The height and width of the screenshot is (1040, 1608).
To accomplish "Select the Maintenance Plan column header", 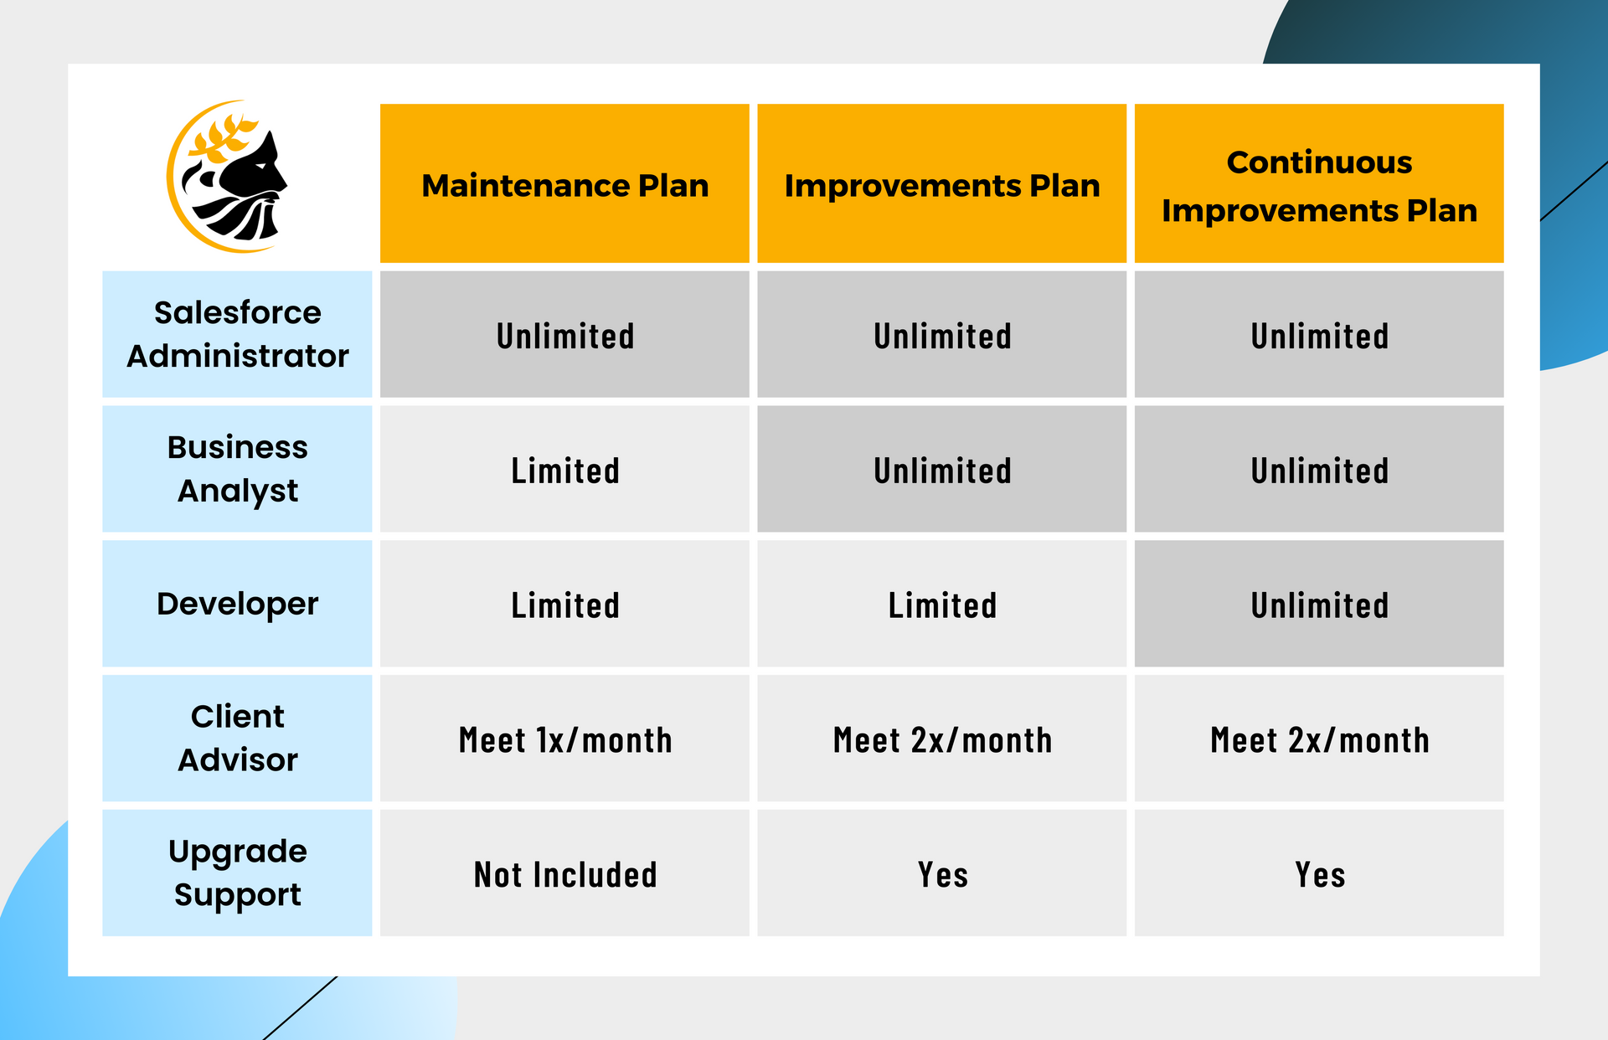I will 564,184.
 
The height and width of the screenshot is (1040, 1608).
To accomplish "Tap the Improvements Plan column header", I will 941,184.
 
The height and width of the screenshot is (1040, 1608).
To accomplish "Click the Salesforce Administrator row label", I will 237,334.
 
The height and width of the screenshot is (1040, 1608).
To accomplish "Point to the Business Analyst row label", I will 237,469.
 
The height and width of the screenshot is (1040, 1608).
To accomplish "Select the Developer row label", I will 237,604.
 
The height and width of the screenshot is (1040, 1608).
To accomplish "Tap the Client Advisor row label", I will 237,739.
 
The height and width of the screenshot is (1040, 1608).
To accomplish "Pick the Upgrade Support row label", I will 237,873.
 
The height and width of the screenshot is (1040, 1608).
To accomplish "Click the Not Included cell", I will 564,874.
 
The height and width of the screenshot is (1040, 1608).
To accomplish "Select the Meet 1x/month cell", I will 564,740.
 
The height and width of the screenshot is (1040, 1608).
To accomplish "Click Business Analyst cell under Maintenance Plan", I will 564,471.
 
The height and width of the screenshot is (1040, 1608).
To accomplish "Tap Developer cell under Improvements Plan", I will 941,605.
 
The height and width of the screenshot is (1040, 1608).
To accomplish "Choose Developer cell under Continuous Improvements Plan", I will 1319,605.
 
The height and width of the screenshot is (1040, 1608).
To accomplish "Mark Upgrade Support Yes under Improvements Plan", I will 941,874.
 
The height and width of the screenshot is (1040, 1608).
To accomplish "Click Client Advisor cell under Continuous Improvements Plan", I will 1319,740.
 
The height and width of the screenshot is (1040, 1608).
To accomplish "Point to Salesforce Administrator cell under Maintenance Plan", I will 564,336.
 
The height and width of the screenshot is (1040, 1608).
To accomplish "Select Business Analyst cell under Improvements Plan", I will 941,471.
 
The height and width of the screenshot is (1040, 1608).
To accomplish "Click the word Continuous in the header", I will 1319,162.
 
